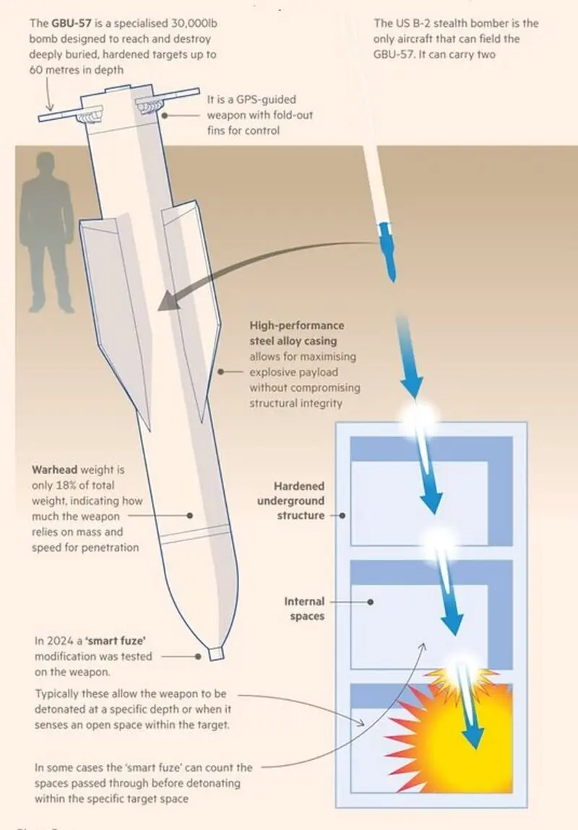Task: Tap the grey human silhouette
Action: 47,233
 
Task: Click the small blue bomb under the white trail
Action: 387,251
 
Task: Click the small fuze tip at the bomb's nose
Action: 217,653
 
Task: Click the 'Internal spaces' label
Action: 304,609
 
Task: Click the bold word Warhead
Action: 54,470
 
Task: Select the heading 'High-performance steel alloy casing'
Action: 297,333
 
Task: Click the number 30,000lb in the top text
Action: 194,23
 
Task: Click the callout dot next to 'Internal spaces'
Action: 371,602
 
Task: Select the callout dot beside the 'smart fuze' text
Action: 198,657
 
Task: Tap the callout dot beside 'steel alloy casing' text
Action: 220,372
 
